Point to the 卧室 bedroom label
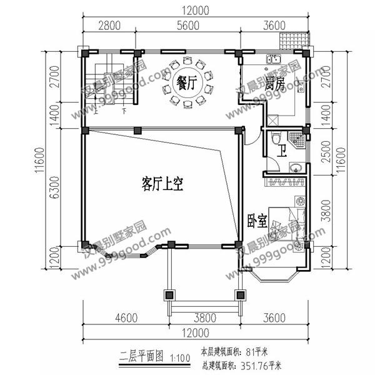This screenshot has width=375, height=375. pyautogui.click(x=255, y=221)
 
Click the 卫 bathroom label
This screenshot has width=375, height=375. pyautogui.click(x=282, y=150)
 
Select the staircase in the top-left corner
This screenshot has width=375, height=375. pyautogui.click(x=101, y=84)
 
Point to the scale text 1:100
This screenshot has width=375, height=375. pyautogui.click(x=179, y=358)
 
